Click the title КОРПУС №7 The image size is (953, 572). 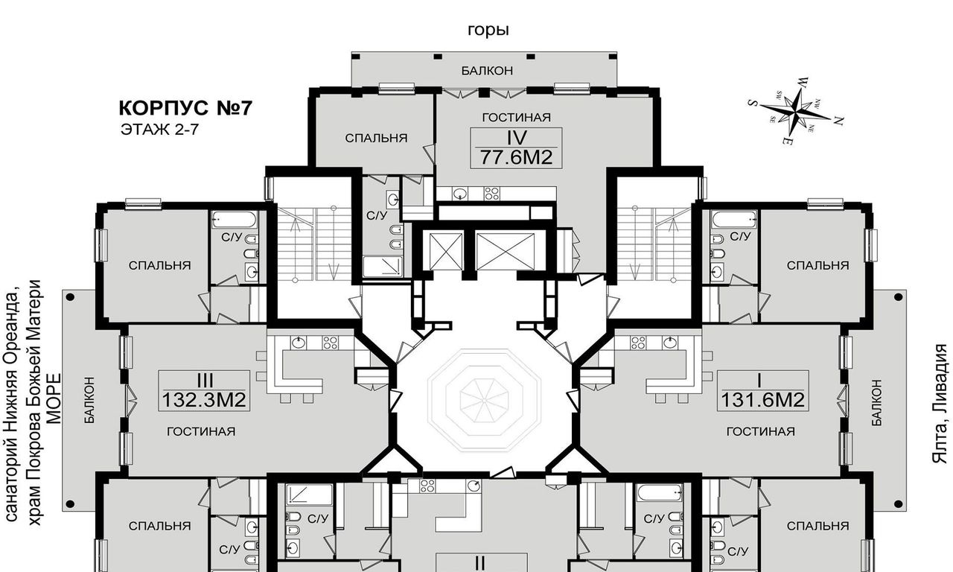tap(185, 108)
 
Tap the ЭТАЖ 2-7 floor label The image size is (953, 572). tap(159, 130)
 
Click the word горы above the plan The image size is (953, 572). tap(488, 30)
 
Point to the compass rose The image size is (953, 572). tap(794, 111)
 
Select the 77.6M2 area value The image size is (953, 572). tap(516, 157)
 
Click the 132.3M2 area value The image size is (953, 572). tap(204, 400)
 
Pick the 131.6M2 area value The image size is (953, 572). tap(762, 400)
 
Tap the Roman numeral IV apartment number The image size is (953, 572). tap(517, 138)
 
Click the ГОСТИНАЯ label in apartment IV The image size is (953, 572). tap(516, 118)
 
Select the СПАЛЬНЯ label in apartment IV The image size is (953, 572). tap(376, 138)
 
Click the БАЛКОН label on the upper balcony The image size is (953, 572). tap(487, 71)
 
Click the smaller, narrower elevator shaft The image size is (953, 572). tap(446, 252)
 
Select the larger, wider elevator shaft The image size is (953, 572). tap(505, 252)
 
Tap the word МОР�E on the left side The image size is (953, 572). tap(54, 398)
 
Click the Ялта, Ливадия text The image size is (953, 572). tap(940, 404)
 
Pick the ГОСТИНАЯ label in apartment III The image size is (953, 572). tap(201, 431)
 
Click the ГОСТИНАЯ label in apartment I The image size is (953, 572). tap(760, 431)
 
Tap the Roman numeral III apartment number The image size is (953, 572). tap(205, 380)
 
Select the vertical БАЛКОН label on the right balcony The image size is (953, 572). tap(876, 403)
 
